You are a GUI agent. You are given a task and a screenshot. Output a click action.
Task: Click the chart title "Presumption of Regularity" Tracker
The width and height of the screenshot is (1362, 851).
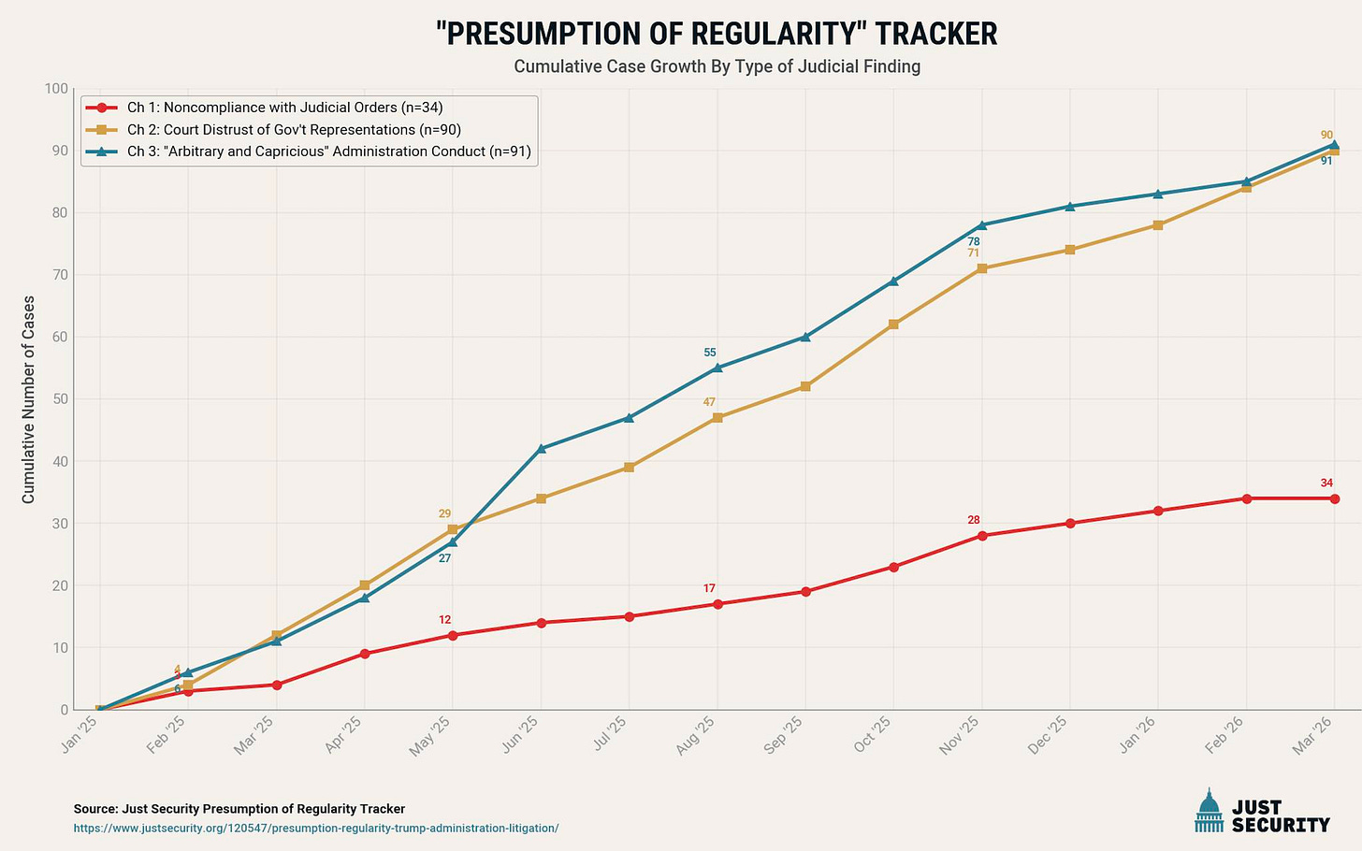coord(717,34)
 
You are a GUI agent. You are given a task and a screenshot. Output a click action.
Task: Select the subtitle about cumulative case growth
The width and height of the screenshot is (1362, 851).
coord(717,66)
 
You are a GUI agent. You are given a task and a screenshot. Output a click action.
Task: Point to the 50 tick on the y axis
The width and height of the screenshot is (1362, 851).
coord(58,399)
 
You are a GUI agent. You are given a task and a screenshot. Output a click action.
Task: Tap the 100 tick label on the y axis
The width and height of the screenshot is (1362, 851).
coord(55,89)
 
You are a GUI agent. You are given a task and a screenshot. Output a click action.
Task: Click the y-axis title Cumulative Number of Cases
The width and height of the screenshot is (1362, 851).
coord(28,399)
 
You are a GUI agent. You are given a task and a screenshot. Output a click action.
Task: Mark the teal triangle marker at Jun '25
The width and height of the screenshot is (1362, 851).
coord(541,449)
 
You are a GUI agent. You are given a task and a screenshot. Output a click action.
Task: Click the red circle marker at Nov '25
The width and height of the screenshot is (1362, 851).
coord(981,536)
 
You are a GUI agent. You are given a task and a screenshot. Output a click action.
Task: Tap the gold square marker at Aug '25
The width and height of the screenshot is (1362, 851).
coord(717,418)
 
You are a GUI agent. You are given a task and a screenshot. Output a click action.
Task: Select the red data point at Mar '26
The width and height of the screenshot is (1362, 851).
coord(1334,498)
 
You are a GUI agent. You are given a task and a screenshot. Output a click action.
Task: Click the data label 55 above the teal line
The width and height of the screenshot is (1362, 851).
coord(709,353)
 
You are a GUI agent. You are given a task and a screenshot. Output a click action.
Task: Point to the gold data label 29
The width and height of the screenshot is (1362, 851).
coord(444,513)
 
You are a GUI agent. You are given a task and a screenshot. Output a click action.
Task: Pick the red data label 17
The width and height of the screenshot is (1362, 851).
coord(709,588)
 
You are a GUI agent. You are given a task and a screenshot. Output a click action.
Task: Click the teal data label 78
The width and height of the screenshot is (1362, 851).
coord(974,241)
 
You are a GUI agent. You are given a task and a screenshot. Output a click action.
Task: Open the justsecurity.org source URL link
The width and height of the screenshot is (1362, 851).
coord(316,828)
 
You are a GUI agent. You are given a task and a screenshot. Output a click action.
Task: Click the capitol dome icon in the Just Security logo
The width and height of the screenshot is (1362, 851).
coord(1209,811)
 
